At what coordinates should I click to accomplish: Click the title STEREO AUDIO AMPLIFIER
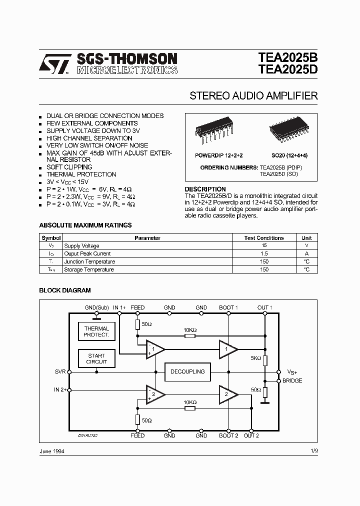tap(253, 96)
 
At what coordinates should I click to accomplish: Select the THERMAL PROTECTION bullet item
tap(81, 174)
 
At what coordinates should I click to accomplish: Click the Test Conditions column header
tap(264, 238)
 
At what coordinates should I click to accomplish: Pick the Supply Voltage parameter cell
tap(82, 246)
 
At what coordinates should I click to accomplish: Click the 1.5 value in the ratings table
tap(264, 254)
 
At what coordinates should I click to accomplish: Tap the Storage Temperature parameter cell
tap(89, 269)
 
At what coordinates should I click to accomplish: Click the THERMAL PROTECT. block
tap(96, 332)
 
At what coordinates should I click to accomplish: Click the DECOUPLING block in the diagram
tap(188, 371)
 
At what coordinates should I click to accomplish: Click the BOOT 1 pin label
tap(228, 307)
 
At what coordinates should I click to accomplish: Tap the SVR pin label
tap(60, 372)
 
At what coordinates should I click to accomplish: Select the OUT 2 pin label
tap(251, 435)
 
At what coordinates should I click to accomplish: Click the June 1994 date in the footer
tap(51, 451)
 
